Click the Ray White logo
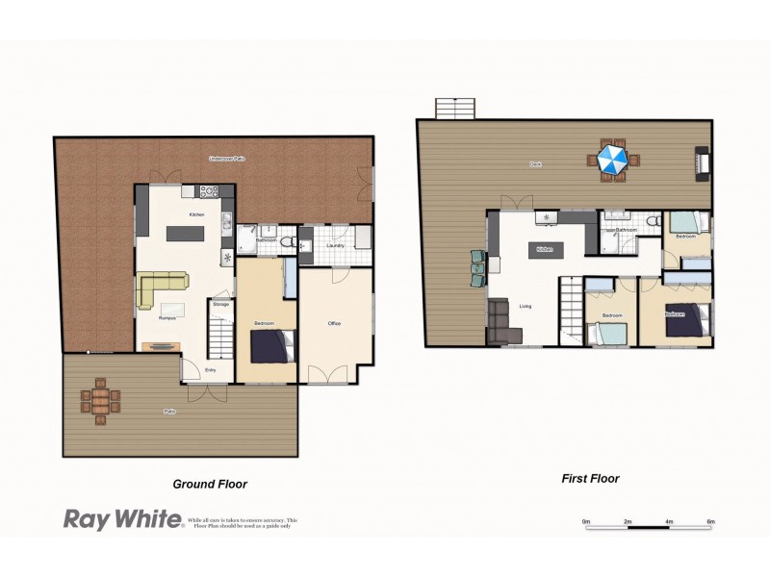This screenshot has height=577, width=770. click(122, 519)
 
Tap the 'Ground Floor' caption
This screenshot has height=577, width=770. click(216, 485)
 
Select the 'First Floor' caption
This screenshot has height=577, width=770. click(591, 478)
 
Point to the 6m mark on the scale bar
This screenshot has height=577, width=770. click(710, 521)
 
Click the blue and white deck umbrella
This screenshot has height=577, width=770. click(612, 159)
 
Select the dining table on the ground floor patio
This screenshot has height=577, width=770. click(101, 400)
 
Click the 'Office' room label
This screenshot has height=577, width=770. click(334, 323)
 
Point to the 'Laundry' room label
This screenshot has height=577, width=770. click(335, 246)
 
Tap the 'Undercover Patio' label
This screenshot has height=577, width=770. click(227, 158)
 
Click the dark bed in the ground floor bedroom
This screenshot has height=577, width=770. click(272, 345)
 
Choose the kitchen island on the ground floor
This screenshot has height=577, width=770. click(186, 233)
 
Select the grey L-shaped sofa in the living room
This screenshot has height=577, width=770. click(502, 324)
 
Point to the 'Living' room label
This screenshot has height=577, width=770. click(526, 307)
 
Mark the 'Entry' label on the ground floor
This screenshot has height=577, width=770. click(210, 368)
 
